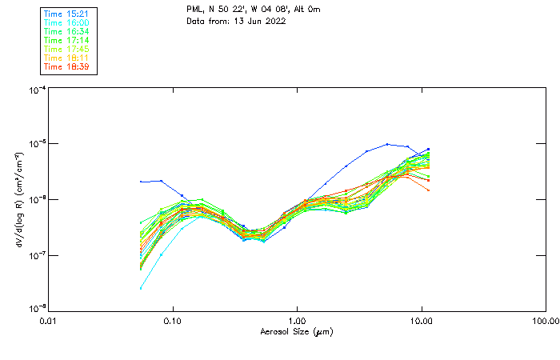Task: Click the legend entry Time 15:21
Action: pos(67,14)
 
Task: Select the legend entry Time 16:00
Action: pos(67,22)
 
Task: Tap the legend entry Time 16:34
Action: pos(67,31)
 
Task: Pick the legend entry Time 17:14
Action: pos(67,40)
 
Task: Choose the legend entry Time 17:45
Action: pos(67,49)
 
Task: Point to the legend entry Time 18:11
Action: pos(67,58)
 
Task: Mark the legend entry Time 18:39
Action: pos(67,66)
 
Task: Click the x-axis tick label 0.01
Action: pos(49,322)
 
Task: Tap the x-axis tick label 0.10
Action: pos(173,322)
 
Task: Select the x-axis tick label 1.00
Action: pos(298,322)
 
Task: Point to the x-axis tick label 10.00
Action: pos(422,322)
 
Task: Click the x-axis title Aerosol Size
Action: pos(296,331)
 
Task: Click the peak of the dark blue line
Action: pos(388,144)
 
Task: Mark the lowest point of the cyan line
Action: pos(142,288)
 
